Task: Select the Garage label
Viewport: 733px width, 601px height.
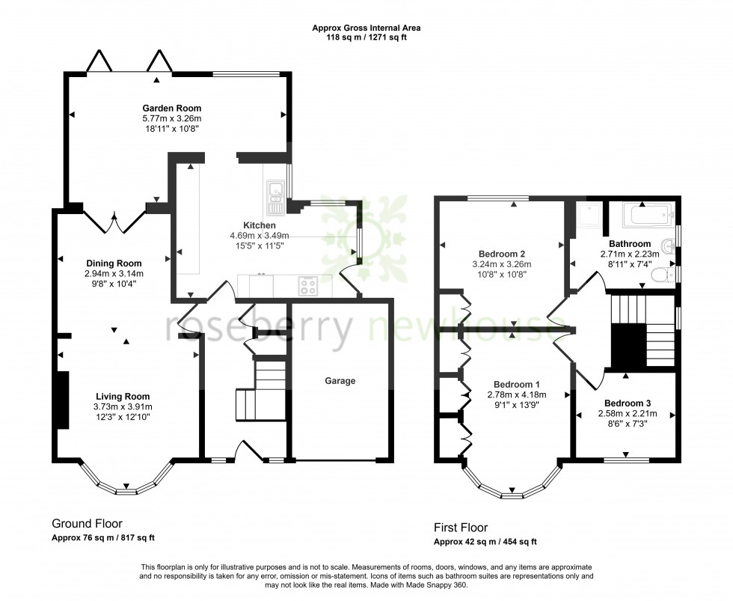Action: (x=340, y=381)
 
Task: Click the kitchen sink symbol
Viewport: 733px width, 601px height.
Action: (x=273, y=192)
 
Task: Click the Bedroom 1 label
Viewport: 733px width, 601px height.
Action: (x=516, y=385)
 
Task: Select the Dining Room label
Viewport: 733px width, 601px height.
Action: (x=114, y=263)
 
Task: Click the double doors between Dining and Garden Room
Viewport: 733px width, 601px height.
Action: (x=114, y=219)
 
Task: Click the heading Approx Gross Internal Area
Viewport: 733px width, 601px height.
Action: (x=366, y=28)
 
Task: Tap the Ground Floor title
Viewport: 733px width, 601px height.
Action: (x=87, y=524)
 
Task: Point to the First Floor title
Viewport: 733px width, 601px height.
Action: (x=461, y=528)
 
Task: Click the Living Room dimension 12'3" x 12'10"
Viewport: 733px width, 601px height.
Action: (x=122, y=417)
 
